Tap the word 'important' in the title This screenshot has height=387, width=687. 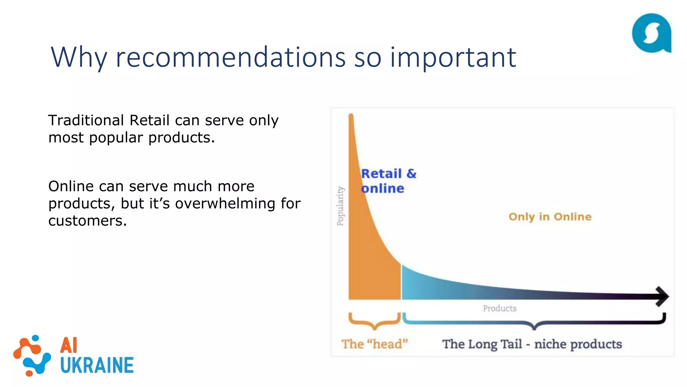click(453, 58)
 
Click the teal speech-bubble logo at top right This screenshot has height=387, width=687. click(651, 33)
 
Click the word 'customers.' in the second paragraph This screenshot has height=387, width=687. click(88, 221)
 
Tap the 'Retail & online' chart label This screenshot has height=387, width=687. click(388, 181)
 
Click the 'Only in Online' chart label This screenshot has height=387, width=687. click(550, 217)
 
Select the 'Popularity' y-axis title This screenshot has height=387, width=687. click(340, 206)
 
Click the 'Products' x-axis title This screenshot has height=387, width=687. click(499, 308)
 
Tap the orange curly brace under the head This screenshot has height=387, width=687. click(375, 321)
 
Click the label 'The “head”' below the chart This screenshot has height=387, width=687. click(374, 344)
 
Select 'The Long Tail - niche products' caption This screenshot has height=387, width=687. click(532, 344)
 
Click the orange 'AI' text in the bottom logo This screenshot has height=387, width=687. click(69, 345)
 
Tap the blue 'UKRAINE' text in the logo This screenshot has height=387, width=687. click(97, 365)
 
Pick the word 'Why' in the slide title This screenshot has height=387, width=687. click(79, 58)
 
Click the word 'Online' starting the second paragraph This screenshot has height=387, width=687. click(71, 186)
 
